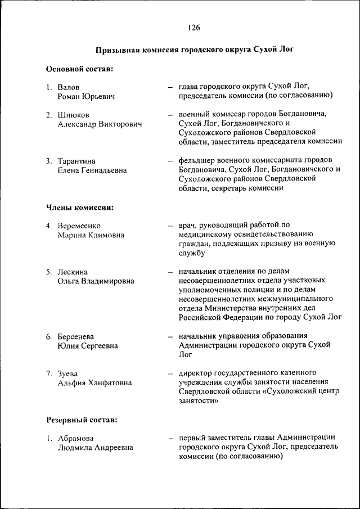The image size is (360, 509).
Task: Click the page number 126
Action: (195, 28)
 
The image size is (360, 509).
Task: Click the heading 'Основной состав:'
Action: (79, 69)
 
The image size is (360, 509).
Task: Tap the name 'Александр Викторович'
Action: (99, 124)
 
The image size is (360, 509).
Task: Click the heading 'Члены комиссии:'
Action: (80, 208)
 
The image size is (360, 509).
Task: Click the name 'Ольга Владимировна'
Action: (96, 281)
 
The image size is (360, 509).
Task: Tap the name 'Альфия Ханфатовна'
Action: (94, 382)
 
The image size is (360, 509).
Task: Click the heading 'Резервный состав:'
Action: (82, 420)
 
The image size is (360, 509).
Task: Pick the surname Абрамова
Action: (76, 438)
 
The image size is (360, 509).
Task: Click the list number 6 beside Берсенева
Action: (49, 336)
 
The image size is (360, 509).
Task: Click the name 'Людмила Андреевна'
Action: (95, 448)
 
